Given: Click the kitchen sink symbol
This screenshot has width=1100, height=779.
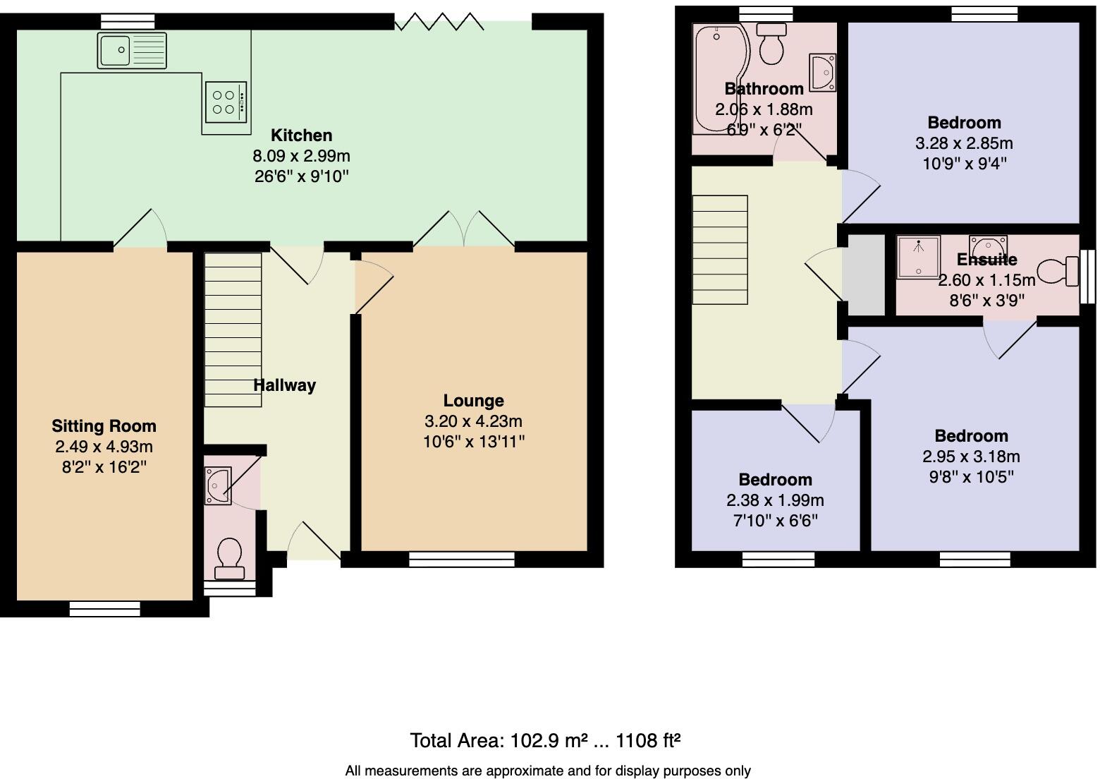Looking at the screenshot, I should [x=133, y=50].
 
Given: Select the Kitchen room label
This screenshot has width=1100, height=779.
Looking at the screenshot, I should [x=301, y=135].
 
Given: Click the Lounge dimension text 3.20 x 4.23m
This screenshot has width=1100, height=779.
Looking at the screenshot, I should [x=473, y=421].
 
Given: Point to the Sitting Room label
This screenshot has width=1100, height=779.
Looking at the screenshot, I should [x=104, y=426].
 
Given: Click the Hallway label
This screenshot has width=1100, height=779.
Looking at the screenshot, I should [x=284, y=385].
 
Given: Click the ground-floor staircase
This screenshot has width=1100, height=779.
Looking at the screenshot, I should [x=233, y=330].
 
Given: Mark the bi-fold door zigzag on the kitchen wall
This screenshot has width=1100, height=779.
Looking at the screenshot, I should [x=439, y=22].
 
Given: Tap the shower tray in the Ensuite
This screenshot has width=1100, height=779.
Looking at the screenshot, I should [x=919, y=256].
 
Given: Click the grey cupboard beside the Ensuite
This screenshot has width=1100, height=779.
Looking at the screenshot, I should [x=865, y=275].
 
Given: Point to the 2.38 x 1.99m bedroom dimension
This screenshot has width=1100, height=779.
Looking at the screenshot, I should [x=775, y=500].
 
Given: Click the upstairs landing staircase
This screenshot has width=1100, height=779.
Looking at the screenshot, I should [x=719, y=250].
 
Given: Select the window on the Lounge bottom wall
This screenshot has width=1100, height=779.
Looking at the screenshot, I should [x=461, y=560].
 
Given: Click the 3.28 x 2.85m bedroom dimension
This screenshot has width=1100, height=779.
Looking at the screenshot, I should [x=964, y=143].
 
